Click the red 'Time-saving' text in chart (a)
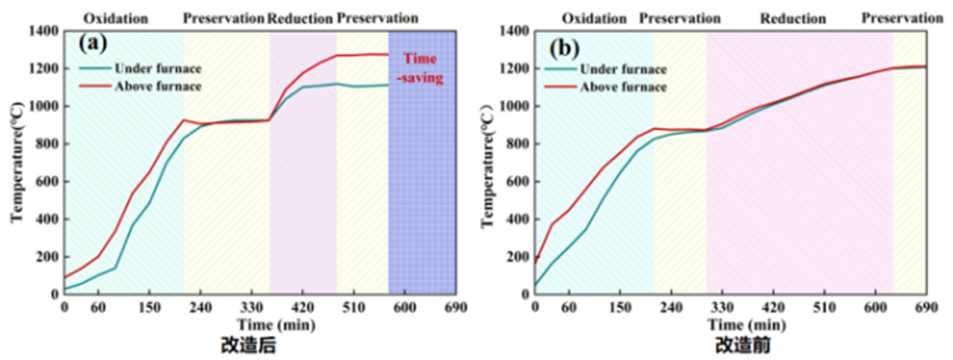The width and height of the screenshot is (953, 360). point(423,68)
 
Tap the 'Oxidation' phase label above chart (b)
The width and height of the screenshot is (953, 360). point(595,18)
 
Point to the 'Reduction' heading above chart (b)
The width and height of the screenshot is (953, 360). point(793,18)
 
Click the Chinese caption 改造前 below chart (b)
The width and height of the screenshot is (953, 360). point(738,346)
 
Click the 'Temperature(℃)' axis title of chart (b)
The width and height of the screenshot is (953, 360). point(487,166)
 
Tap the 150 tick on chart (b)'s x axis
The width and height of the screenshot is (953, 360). point(620,307)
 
